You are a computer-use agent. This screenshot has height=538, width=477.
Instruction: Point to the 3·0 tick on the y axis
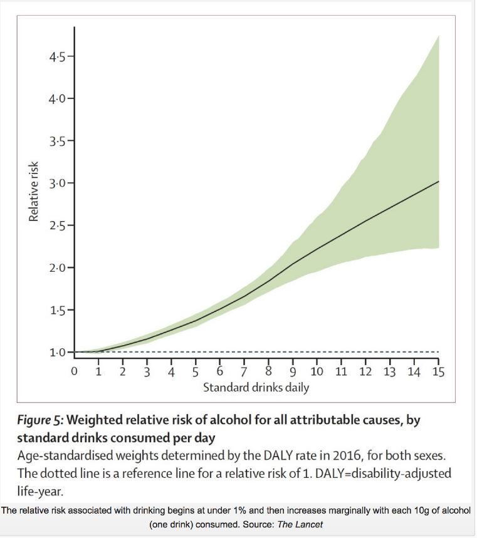click(x=59, y=184)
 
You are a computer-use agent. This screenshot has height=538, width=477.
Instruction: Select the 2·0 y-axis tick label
click(x=59, y=268)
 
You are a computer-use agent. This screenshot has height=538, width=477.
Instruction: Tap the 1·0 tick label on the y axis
click(x=59, y=353)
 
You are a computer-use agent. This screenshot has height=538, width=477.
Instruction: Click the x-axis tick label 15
click(x=438, y=372)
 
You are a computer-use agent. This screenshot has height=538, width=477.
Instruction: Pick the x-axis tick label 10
click(x=317, y=372)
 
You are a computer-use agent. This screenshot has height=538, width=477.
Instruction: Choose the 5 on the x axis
click(x=196, y=372)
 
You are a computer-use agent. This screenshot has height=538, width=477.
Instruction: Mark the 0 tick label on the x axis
click(x=74, y=372)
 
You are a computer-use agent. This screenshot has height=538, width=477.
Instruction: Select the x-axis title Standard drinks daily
click(x=256, y=388)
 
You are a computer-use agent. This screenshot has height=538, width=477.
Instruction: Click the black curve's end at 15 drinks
click(x=438, y=181)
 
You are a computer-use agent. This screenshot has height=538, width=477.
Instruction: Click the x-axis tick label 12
click(x=365, y=372)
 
